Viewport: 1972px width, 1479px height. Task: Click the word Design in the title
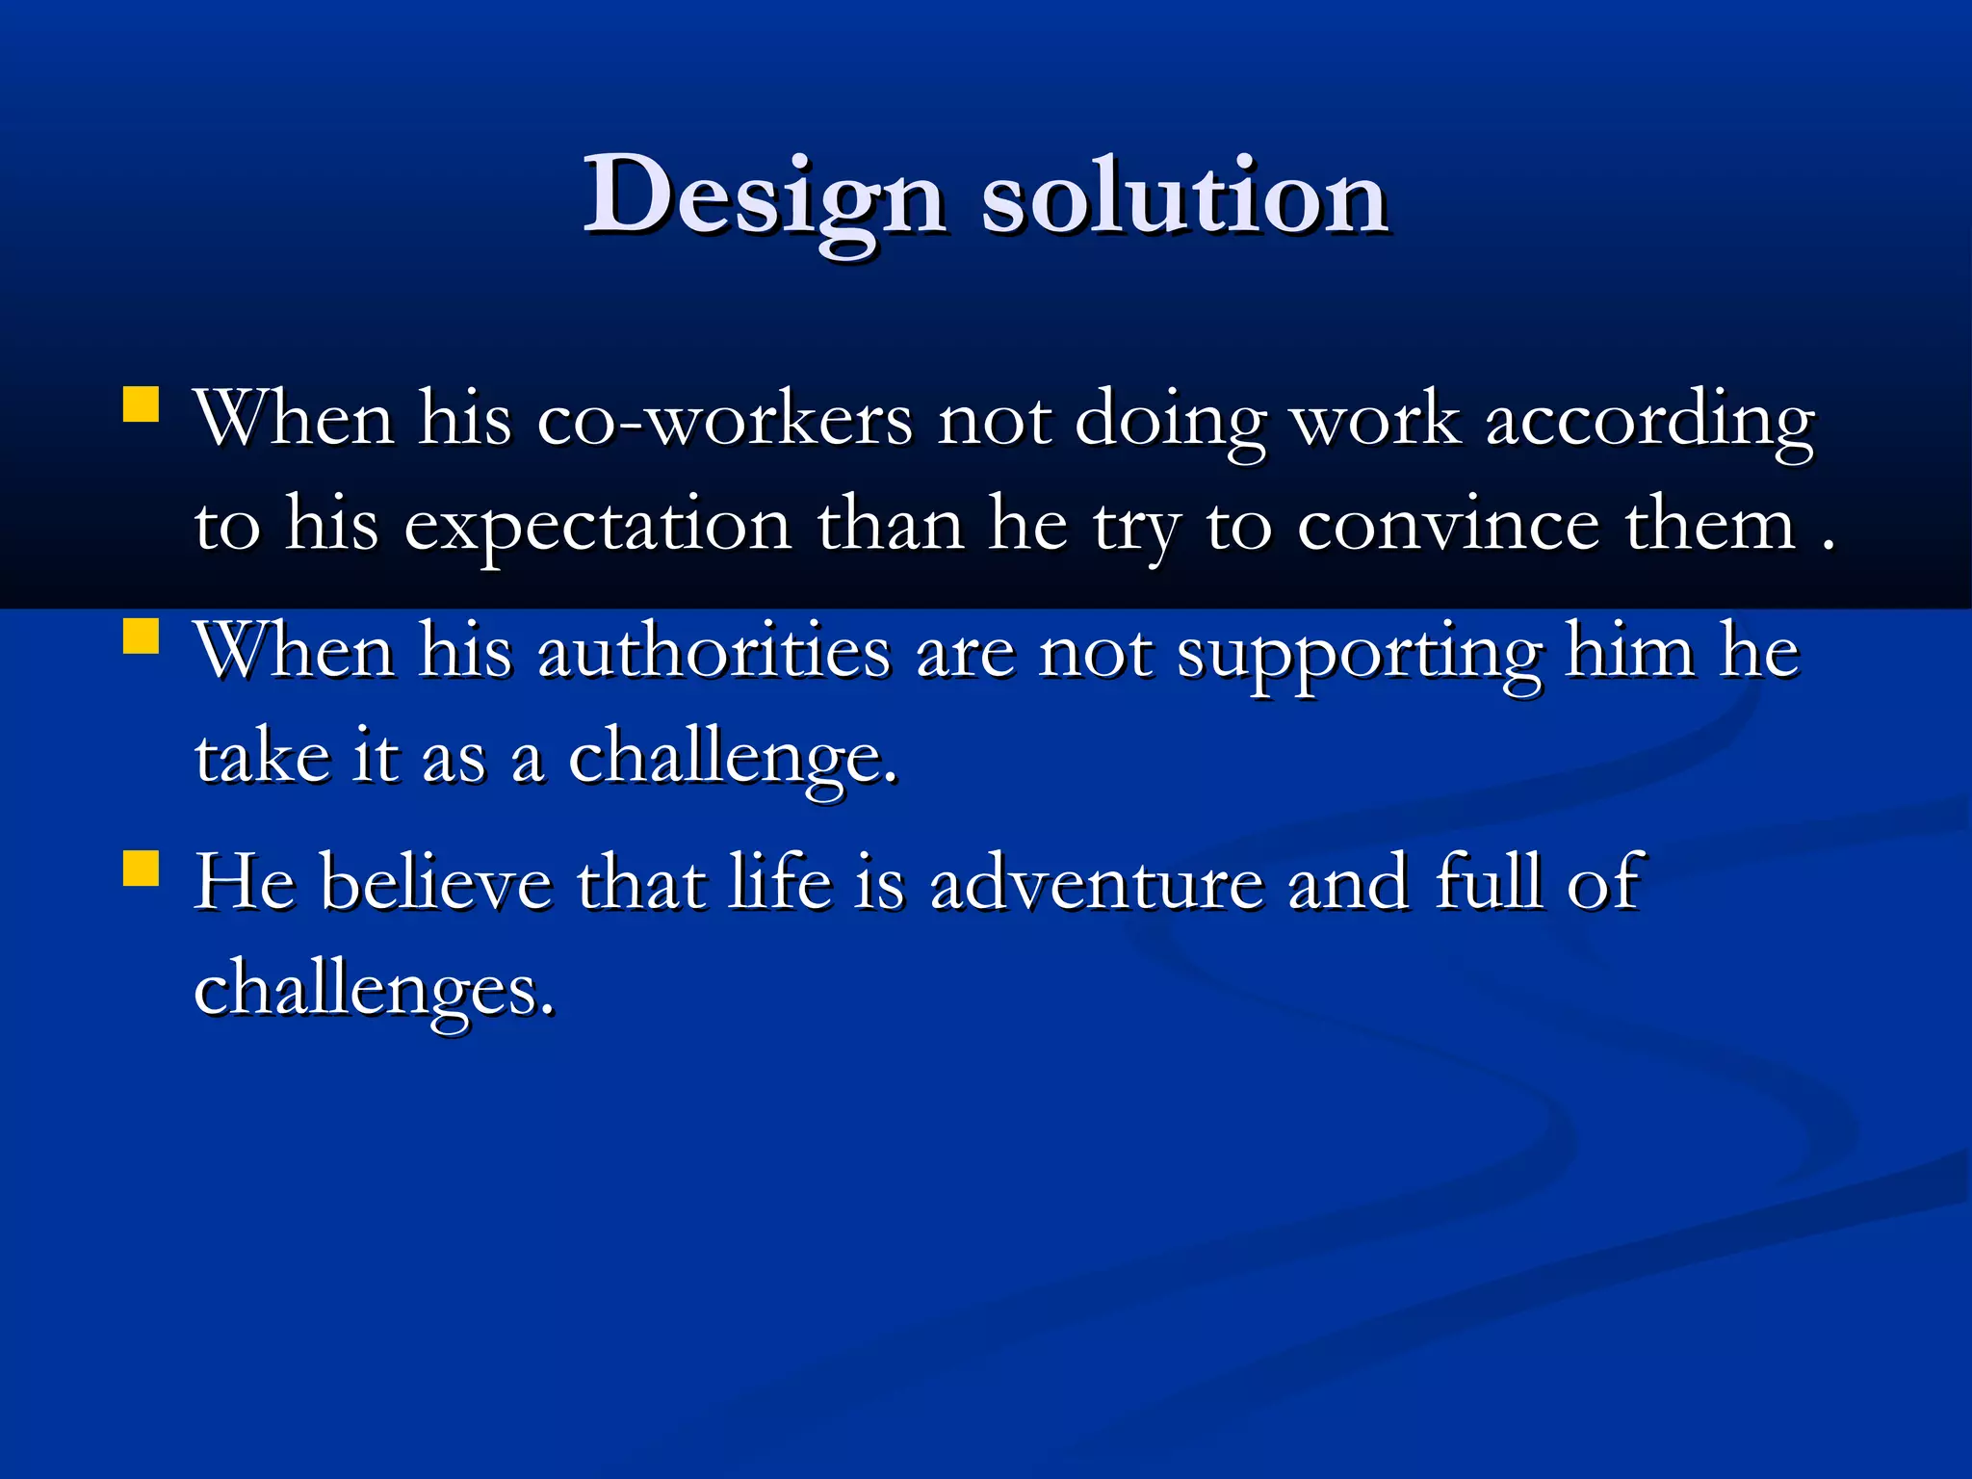tap(765, 197)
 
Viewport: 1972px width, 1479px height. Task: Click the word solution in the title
tap(1184, 197)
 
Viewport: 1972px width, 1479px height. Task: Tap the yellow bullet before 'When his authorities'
tap(142, 636)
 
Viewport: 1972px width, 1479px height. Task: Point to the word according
tap(1649, 421)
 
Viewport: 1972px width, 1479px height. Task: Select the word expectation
tap(597, 527)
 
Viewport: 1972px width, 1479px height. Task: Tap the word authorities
tap(714, 653)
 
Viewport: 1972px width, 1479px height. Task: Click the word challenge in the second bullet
tap(732, 759)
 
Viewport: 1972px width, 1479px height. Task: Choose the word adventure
tap(1097, 883)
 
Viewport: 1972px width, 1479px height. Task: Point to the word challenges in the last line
tap(374, 990)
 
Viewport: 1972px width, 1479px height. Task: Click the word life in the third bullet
tap(779, 883)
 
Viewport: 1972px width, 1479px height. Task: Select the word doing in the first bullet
tap(1169, 421)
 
